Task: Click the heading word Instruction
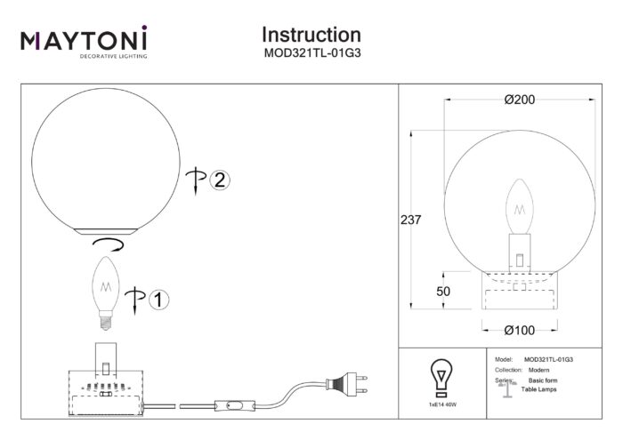(311, 35)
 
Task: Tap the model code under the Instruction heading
(311, 52)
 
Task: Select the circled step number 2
(219, 180)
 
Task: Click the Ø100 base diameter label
(519, 330)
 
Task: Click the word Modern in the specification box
(537, 369)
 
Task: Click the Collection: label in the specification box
(507, 369)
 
